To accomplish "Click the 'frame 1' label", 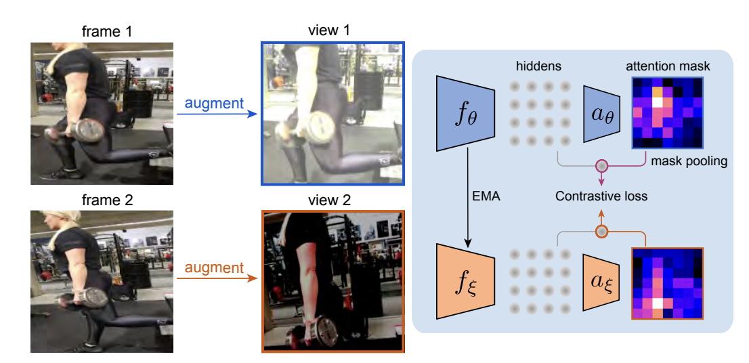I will coord(102,32).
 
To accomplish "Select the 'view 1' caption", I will coord(332,32).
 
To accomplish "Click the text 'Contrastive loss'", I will coord(601,197).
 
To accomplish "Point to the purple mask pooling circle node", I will coord(600,165).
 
